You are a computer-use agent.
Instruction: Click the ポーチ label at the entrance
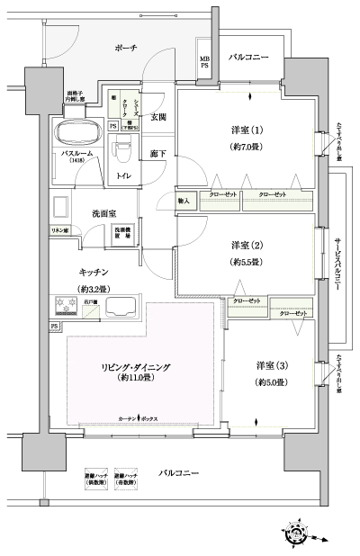126,49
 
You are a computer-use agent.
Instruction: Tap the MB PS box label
204,62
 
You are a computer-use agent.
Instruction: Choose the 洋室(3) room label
271,365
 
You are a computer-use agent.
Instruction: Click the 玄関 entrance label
157,117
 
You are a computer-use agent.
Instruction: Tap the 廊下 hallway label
157,154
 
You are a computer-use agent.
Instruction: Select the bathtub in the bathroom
76,133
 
